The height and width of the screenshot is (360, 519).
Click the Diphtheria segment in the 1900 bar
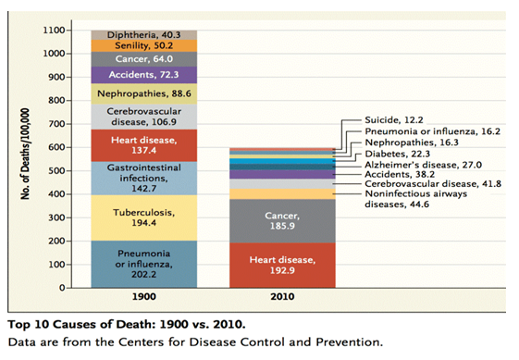[144, 35]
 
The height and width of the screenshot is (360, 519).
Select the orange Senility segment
[144, 45]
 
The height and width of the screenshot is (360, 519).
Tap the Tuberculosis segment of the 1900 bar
[144, 217]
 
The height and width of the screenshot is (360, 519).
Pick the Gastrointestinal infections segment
[144, 179]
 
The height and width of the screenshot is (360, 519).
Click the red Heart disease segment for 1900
[144, 145]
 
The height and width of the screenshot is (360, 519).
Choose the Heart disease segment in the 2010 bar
[282, 265]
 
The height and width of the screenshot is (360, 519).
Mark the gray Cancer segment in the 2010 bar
[282, 220]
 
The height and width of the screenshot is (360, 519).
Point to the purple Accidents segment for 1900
[144, 75]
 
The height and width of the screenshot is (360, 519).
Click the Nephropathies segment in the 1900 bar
[144, 93]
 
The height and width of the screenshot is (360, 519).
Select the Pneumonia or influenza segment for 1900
[144, 265]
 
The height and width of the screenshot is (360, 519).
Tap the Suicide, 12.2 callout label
[394, 120]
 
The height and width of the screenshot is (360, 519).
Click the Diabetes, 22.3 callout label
[397, 154]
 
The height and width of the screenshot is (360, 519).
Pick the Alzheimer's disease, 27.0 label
[423, 165]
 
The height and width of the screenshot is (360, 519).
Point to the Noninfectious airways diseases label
[415, 199]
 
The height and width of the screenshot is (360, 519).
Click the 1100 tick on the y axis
[54, 31]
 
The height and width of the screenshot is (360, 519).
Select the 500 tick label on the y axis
[57, 171]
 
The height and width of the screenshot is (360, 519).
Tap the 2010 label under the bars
[282, 296]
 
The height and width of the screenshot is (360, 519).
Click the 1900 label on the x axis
[144, 296]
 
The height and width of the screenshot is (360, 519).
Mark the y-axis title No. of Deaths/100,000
[26, 154]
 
